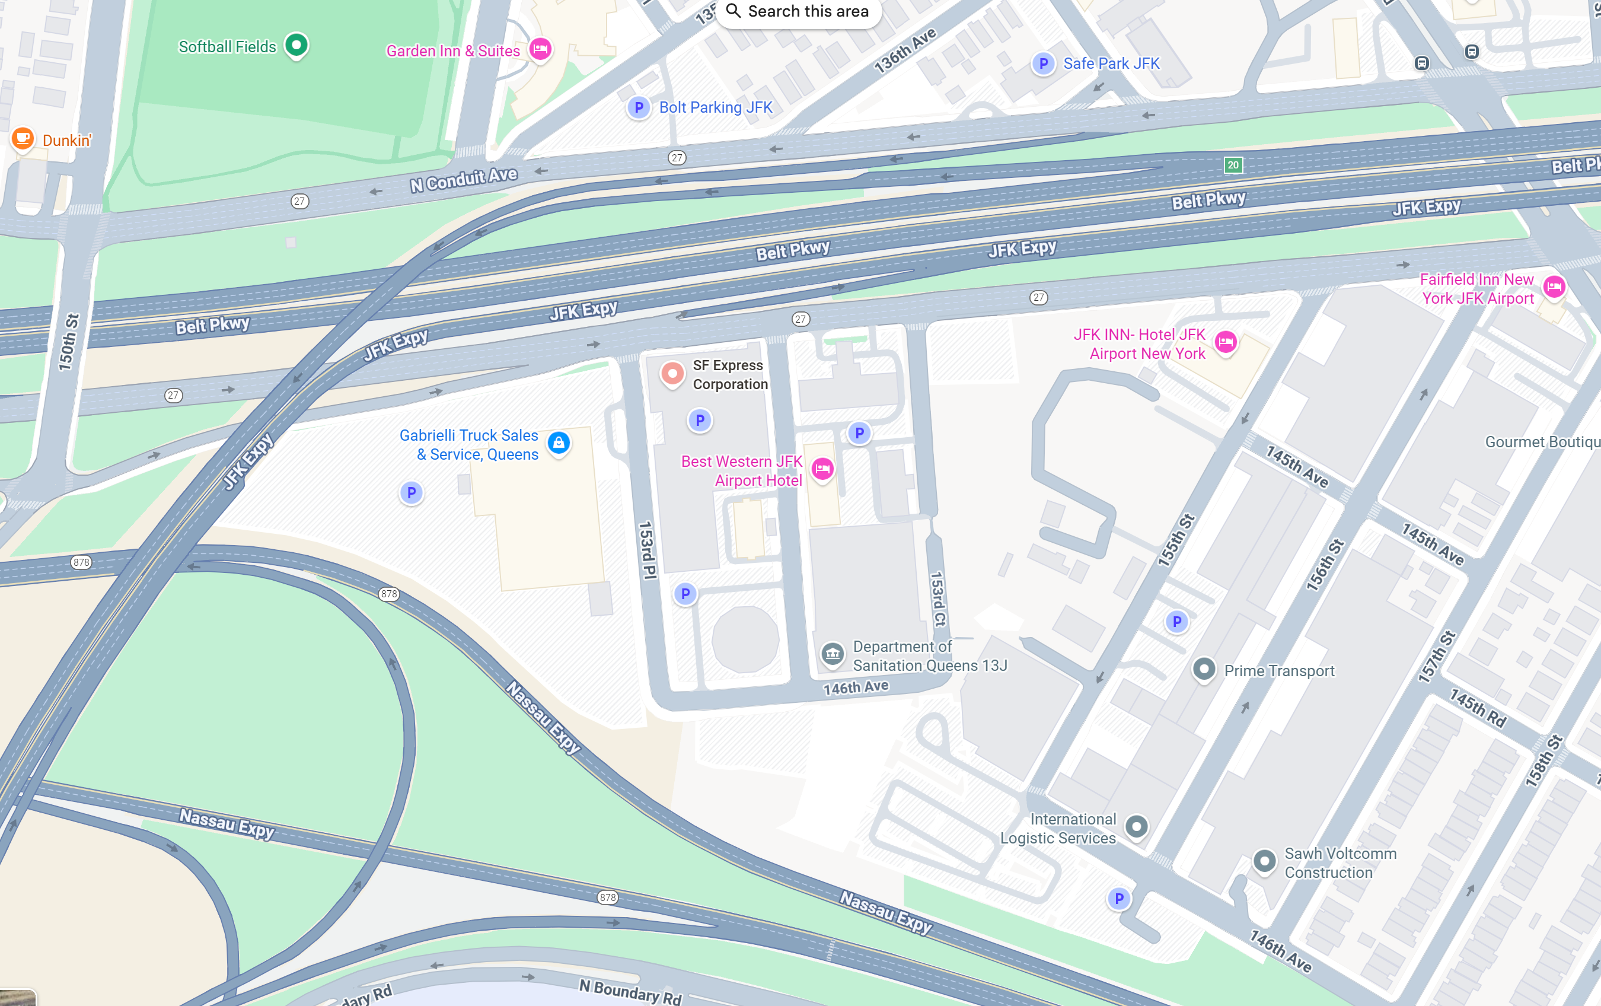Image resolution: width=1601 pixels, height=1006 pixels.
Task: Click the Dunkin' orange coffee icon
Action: point(23,139)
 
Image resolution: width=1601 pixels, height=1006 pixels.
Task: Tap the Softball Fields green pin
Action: point(296,45)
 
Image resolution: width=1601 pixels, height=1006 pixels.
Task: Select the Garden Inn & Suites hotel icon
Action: point(540,49)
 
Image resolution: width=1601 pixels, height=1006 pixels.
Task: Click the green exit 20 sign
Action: point(1233,165)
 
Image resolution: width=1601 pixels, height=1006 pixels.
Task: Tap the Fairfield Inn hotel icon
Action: point(1554,287)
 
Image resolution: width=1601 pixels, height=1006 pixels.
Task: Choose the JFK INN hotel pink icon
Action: point(1225,342)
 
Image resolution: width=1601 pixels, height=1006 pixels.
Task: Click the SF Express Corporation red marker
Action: point(672,374)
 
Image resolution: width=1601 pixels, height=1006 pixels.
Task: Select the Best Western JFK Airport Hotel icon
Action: point(822,469)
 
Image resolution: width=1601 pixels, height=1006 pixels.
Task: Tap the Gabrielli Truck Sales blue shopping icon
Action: point(559,443)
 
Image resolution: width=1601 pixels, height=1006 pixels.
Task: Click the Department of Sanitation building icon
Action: point(832,654)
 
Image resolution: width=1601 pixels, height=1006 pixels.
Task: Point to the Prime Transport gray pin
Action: point(1203,669)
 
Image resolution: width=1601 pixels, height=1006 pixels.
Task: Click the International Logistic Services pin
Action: point(1136,827)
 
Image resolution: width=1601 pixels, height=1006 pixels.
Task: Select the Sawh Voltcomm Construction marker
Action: point(1264,862)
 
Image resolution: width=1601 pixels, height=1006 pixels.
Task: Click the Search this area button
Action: point(798,12)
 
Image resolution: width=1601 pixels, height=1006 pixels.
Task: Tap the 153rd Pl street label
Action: point(647,550)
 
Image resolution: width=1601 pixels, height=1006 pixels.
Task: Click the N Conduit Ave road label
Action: point(464,180)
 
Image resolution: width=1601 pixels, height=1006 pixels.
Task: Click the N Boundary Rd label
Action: point(630,991)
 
